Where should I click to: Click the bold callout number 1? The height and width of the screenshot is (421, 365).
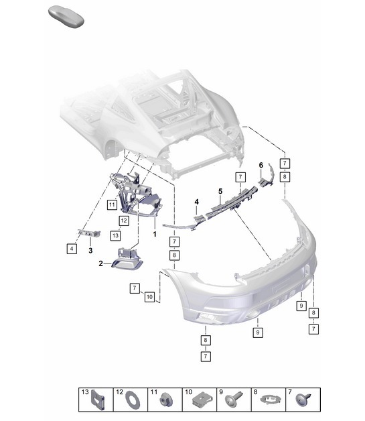point(155,235)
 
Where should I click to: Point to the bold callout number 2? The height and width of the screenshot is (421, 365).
point(101,263)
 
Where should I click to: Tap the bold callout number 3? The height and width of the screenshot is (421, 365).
point(90,250)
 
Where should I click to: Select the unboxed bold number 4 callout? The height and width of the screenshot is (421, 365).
point(197,201)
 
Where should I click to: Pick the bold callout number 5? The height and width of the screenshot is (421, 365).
point(220,191)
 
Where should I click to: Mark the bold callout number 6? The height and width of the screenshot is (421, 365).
point(261,164)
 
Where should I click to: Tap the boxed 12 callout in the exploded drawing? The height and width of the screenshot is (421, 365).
point(124,220)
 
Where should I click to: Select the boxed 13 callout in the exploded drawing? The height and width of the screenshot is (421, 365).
point(115,235)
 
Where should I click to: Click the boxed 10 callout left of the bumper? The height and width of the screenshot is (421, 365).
point(149,296)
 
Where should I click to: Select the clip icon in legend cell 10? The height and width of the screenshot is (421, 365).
point(200,401)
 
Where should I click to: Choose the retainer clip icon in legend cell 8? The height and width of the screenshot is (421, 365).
point(269,401)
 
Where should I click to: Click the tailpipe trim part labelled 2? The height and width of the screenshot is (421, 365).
point(126,258)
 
